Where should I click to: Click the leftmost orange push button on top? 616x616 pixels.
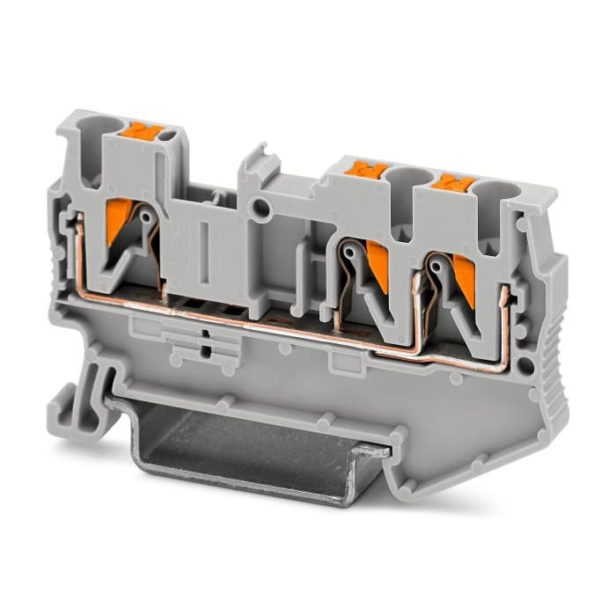click(147, 133)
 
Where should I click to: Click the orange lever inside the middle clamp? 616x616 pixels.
click(377, 264)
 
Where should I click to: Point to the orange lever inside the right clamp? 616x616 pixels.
click(460, 275)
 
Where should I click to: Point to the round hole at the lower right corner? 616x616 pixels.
click(525, 364)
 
